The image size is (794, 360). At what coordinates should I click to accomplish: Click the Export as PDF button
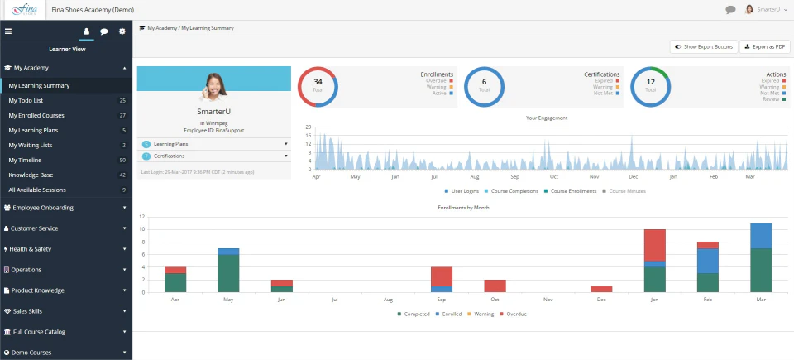click(x=765, y=47)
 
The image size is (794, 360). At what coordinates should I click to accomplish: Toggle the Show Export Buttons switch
click(x=703, y=47)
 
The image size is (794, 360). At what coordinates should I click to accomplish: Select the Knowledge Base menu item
click(x=31, y=175)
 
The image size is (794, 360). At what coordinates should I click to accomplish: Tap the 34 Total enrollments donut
click(x=318, y=87)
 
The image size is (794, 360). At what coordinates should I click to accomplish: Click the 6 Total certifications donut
click(x=484, y=87)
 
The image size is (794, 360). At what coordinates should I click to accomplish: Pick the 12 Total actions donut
click(x=651, y=87)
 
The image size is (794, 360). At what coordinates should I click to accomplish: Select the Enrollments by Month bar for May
click(x=228, y=270)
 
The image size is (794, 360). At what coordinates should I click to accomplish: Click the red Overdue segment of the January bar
click(x=655, y=245)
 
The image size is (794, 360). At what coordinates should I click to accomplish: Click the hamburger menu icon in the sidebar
click(x=8, y=31)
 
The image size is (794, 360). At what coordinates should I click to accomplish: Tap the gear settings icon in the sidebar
click(x=122, y=31)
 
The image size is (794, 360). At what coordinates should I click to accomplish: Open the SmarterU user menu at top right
click(x=767, y=10)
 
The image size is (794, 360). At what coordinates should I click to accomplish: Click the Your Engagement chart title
click(x=547, y=118)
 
